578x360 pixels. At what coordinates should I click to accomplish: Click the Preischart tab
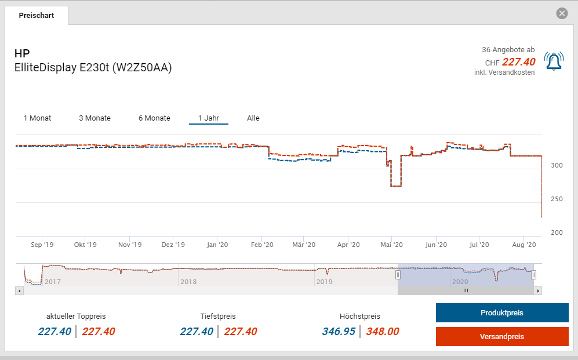click(x=36, y=16)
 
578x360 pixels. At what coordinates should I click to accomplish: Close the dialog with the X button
click(x=561, y=13)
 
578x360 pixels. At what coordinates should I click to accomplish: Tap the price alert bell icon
click(x=553, y=61)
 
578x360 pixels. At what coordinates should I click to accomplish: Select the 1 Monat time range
click(x=37, y=118)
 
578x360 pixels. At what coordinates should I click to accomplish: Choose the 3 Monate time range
click(x=94, y=118)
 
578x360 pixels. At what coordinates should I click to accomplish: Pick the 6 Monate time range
click(x=154, y=118)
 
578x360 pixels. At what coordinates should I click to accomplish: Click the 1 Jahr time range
click(x=208, y=118)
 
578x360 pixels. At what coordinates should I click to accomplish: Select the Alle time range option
click(x=253, y=118)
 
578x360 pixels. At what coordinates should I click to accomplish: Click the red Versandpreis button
click(x=501, y=337)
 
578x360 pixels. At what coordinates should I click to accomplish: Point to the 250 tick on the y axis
click(x=557, y=199)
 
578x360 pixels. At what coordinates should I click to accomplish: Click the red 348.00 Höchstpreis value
click(x=383, y=332)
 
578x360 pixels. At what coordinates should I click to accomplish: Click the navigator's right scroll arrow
click(x=538, y=290)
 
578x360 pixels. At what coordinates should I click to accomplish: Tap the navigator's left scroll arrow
click(x=19, y=290)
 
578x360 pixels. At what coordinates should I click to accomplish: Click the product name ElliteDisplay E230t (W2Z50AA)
click(x=93, y=68)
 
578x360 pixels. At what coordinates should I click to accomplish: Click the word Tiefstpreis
click(x=218, y=317)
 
